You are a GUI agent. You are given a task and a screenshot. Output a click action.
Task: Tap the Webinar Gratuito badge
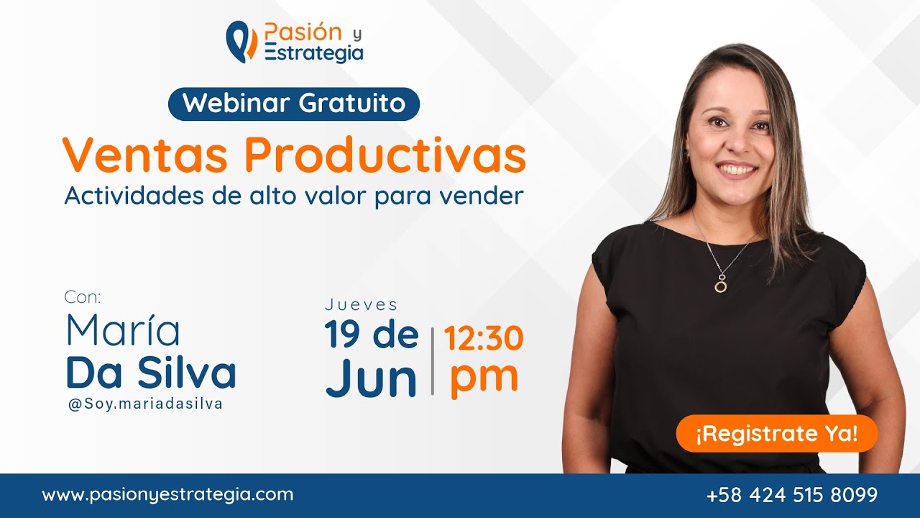pyautogui.click(x=294, y=103)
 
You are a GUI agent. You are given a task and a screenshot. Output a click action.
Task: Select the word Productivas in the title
pyautogui.click(x=385, y=155)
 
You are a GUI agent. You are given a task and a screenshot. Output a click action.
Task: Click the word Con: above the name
pyautogui.click(x=83, y=297)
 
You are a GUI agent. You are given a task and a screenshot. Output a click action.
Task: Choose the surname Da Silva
pyautogui.click(x=151, y=373)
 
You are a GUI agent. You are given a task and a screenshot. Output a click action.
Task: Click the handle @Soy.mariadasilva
pyautogui.click(x=145, y=404)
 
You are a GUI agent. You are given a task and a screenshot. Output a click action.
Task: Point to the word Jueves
pyautogui.click(x=362, y=304)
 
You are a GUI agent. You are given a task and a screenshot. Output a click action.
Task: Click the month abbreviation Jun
pyautogui.click(x=371, y=379)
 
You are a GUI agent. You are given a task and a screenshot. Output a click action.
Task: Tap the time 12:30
pyautogui.click(x=483, y=338)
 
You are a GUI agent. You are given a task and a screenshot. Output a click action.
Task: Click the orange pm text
pyautogui.click(x=484, y=376)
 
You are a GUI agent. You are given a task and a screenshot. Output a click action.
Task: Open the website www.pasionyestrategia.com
pyautogui.click(x=167, y=495)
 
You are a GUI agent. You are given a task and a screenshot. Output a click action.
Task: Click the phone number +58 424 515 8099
pyautogui.click(x=792, y=495)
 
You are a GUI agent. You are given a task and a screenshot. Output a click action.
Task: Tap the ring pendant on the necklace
pyautogui.click(x=720, y=286)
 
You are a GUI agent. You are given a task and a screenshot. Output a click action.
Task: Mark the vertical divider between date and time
pyautogui.click(x=433, y=360)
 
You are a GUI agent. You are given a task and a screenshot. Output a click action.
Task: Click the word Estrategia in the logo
pyautogui.click(x=314, y=53)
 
